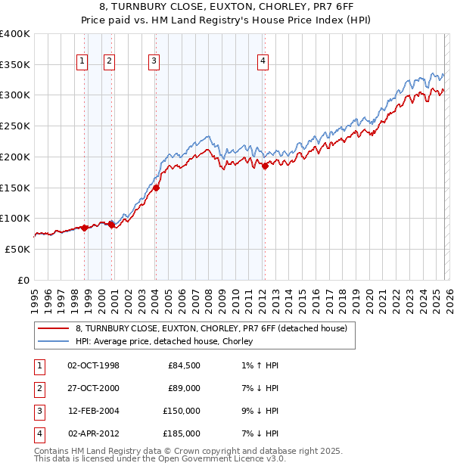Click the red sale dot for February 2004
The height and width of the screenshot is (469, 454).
tap(156, 188)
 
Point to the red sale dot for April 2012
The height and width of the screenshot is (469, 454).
tap(265, 166)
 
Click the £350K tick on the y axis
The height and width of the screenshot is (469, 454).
tap(15, 64)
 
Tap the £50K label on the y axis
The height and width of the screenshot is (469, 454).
tap(18, 249)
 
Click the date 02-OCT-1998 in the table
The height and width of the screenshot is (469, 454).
tap(93, 365)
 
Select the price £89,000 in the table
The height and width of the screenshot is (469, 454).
tap(184, 388)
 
